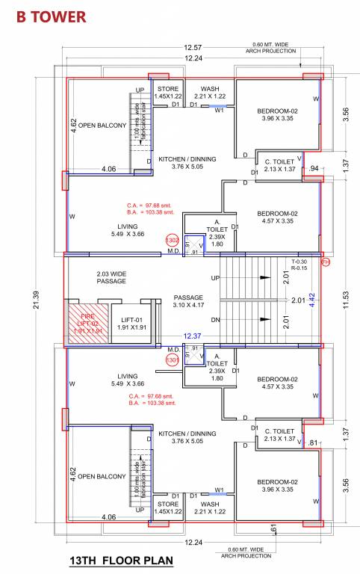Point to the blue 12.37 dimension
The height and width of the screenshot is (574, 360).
[x=193, y=337]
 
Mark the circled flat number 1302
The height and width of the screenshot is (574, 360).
[x=172, y=241]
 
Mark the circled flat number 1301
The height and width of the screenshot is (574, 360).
[x=172, y=359]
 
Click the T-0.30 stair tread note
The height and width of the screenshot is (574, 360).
[x=300, y=261]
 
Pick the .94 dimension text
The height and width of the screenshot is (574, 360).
[x=313, y=169]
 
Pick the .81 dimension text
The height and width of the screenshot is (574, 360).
[x=313, y=442]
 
